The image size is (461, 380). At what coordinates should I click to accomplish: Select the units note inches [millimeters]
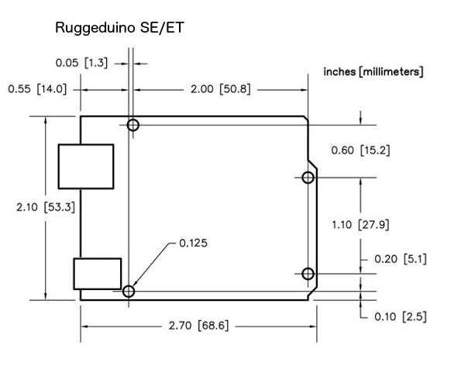point(373,72)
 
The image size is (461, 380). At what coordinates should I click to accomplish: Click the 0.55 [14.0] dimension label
point(37,89)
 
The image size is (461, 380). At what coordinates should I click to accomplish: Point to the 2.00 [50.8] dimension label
point(220,89)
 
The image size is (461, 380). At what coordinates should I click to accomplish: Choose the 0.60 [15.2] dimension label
point(360,150)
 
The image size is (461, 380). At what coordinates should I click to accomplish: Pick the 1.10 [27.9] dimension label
point(360,225)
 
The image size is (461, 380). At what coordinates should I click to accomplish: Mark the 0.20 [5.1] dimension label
point(400,258)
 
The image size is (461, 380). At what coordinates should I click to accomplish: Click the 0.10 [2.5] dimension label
point(400,316)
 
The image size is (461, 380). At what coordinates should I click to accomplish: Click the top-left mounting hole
point(133,125)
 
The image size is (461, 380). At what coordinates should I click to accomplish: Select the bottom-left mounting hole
point(129,292)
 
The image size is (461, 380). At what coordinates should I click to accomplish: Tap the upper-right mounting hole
point(308,178)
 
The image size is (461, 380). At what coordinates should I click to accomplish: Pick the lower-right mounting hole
point(308,274)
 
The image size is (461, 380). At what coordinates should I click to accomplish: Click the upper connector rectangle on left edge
point(86,166)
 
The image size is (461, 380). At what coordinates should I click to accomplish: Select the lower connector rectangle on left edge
point(98,274)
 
